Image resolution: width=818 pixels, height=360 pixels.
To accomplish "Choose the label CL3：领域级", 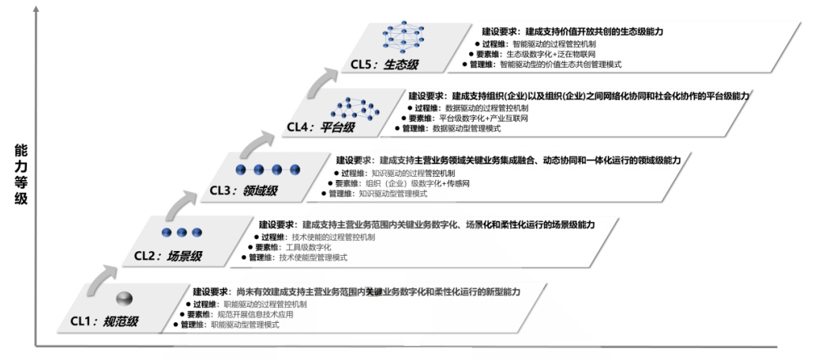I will coord(244,190).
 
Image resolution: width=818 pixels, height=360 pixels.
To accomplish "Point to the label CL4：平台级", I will coord(320,126).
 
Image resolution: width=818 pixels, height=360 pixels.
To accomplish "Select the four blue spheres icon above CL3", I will coord(268,169).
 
